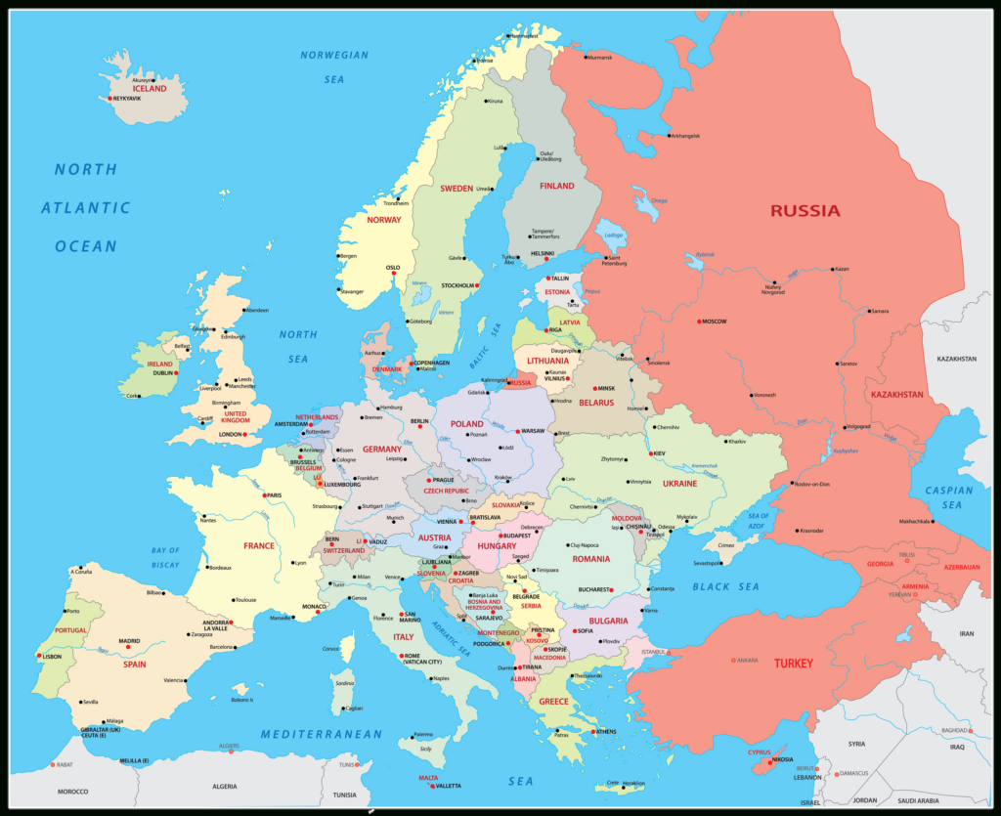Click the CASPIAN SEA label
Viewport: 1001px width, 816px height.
(949, 497)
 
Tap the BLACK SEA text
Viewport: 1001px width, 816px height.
(725, 586)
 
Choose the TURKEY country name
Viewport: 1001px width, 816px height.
(793, 663)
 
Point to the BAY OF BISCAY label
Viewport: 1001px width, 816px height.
(165, 557)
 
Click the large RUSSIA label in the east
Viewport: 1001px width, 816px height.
(805, 210)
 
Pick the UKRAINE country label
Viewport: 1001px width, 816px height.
(679, 483)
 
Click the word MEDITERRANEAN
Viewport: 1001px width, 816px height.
(321, 734)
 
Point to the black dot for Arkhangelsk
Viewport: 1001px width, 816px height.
(669, 136)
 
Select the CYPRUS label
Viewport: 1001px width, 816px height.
(759, 752)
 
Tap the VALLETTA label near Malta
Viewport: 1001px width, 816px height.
(448, 786)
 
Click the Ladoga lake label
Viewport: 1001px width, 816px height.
(613, 236)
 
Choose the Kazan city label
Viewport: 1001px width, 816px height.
(842, 269)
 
